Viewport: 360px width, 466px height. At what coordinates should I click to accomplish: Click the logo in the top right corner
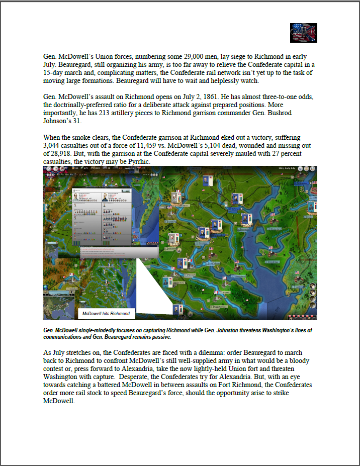[303, 33]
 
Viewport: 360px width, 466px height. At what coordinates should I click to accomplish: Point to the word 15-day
[55, 72]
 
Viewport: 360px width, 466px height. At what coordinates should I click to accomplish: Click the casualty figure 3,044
[54, 145]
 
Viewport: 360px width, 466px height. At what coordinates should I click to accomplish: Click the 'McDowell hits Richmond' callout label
[107, 314]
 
